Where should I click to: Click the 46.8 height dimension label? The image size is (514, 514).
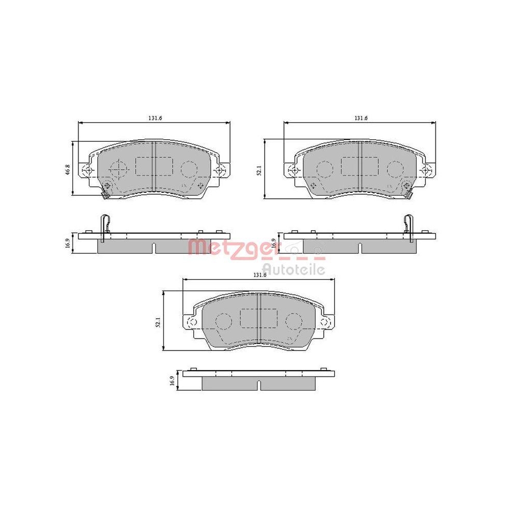click(67, 169)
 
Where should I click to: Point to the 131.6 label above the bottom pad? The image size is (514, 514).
click(260, 275)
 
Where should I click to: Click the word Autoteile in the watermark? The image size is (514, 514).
click(293, 268)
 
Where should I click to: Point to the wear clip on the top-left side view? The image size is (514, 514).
click(104, 227)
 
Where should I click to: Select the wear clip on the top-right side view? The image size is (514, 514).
click(409, 227)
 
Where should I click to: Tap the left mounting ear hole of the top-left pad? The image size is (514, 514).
click(88, 170)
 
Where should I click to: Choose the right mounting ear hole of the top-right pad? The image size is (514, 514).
click(426, 170)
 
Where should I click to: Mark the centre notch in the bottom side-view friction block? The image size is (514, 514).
click(260, 384)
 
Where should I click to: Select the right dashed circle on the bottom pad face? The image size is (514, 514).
click(293, 321)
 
